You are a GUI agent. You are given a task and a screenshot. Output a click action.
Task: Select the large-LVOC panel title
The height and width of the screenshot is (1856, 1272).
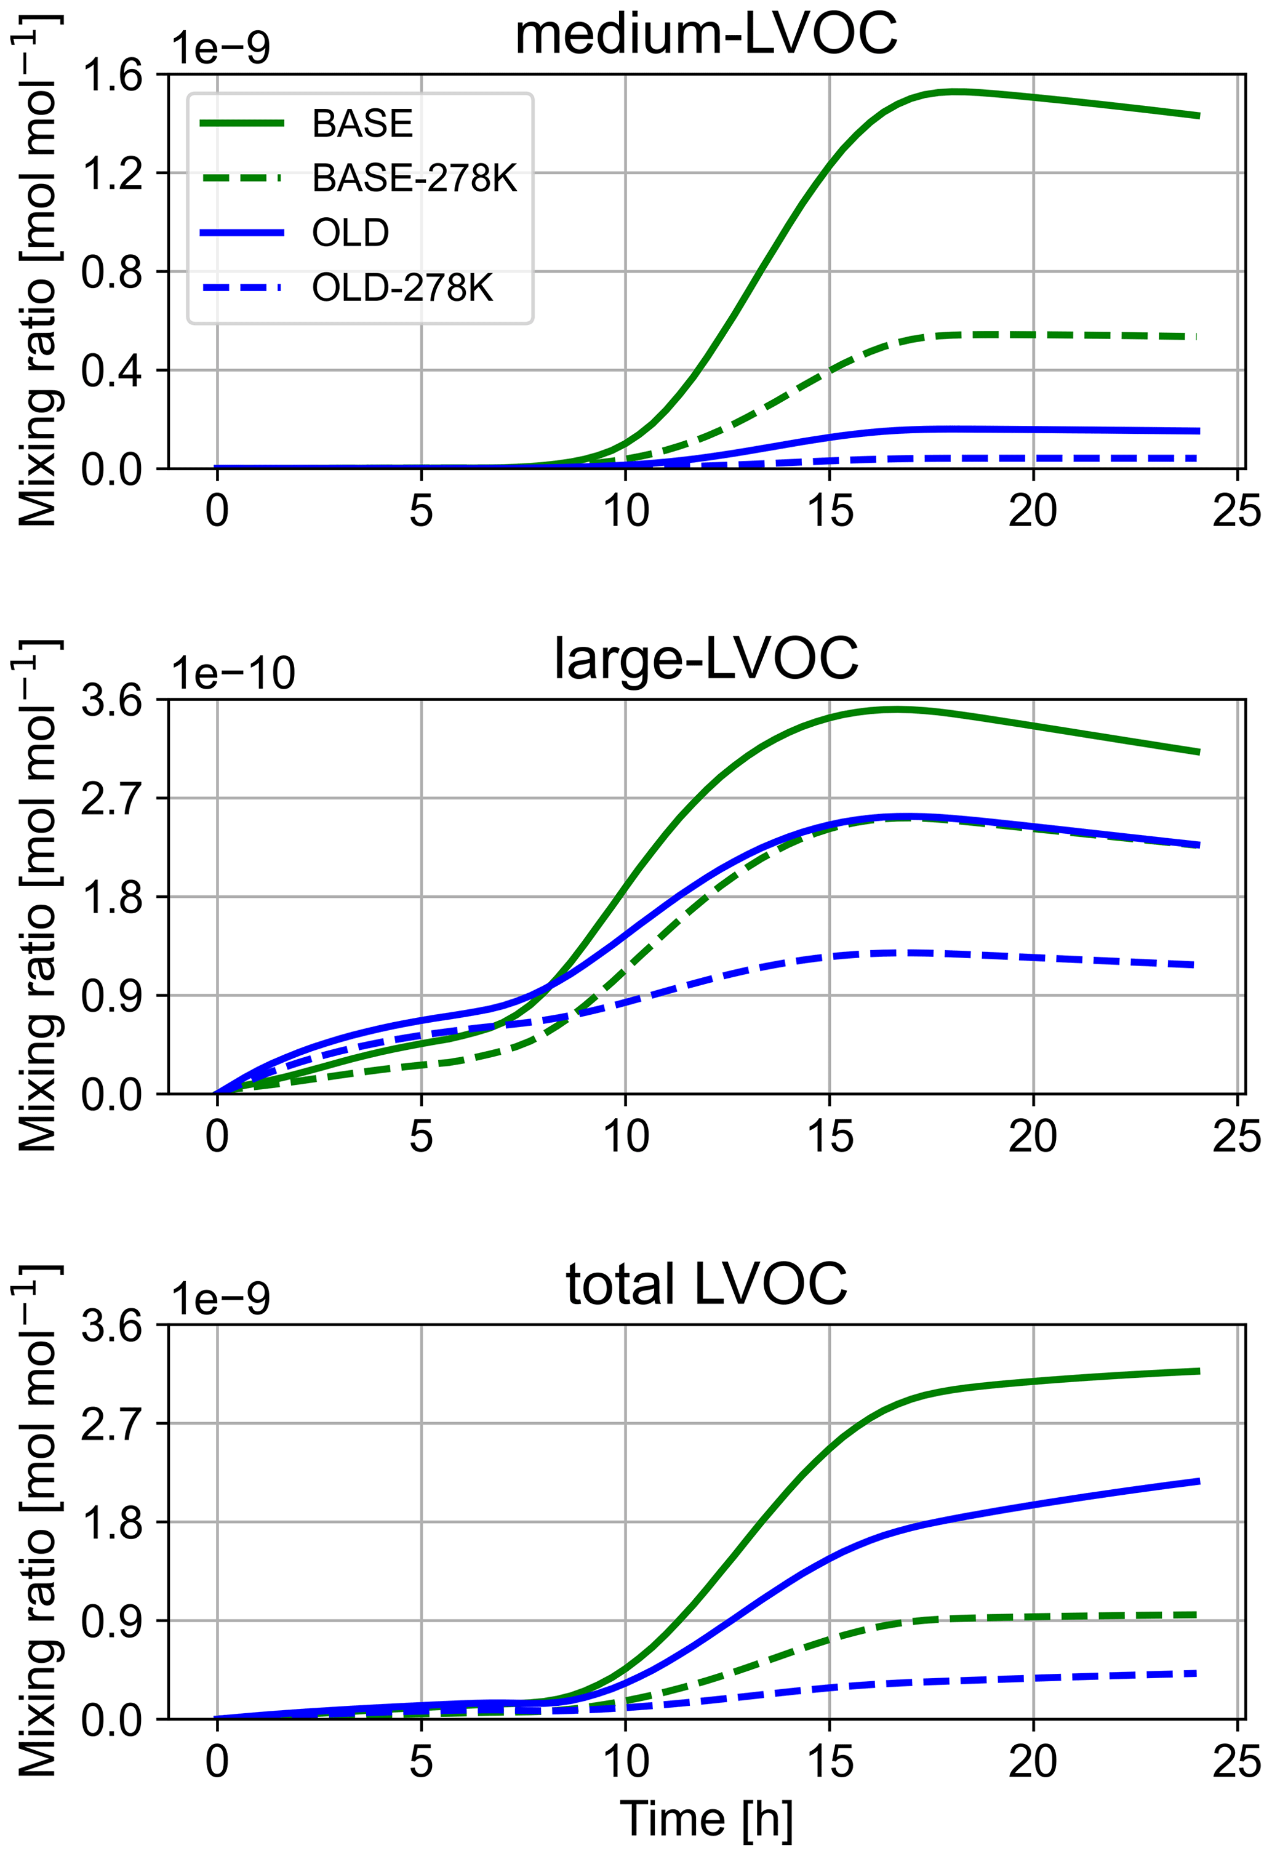tap(706, 659)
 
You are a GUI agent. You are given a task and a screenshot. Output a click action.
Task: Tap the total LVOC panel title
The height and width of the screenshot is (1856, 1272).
tap(706, 1284)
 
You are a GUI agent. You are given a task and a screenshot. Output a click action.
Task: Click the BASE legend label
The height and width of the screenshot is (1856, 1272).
tap(362, 124)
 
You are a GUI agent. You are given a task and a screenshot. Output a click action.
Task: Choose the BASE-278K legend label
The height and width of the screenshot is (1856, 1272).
tap(414, 178)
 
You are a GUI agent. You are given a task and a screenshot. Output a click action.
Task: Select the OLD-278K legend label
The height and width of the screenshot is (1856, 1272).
tap(402, 287)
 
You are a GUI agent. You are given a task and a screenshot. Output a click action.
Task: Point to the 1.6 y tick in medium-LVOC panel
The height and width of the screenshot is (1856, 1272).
tap(111, 75)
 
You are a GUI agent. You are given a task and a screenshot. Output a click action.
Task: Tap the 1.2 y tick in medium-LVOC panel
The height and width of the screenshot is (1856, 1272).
tap(111, 174)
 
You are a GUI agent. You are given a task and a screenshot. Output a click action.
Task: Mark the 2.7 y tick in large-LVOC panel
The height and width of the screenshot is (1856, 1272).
tap(111, 799)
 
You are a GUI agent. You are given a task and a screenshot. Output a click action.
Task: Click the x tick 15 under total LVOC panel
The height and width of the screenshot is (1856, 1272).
tap(830, 1761)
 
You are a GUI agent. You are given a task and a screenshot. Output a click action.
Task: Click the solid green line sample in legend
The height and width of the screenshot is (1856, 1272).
tap(241, 123)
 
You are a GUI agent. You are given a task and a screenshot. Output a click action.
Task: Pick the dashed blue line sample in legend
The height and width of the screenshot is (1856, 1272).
tap(241, 287)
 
